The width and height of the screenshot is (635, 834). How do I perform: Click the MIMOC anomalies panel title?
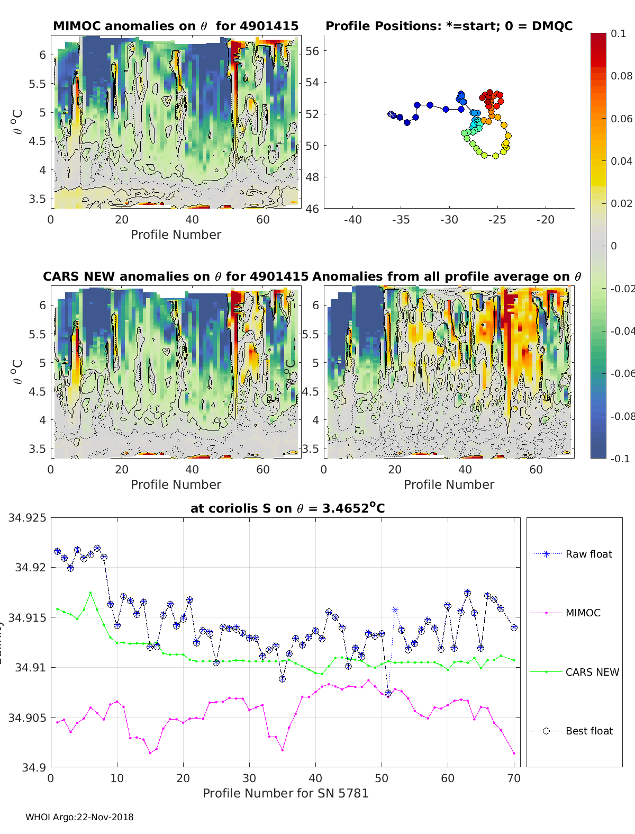click(176, 26)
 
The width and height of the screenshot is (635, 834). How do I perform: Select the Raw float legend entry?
click(588, 554)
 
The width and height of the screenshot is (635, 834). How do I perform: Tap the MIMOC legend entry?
click(583, 613)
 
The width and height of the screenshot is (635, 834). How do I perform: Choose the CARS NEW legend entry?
click(592, 672)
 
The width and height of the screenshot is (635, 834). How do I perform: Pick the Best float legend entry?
click(588, 731)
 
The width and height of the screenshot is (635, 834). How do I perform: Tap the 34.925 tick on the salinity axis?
click(27, 517)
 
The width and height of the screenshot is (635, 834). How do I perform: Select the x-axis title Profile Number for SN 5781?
click(285, 793)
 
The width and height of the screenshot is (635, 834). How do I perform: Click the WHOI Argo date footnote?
click(79, 817)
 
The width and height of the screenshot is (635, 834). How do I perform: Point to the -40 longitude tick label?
click(352, 220)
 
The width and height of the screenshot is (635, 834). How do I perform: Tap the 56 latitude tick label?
click(312, 51)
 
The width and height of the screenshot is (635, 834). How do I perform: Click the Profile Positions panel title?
click(449, 26)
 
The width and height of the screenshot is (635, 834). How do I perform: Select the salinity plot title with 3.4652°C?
click(287, 508)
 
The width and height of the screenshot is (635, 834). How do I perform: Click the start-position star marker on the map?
click(391, 114)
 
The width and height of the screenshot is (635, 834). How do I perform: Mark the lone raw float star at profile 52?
click(395, 610)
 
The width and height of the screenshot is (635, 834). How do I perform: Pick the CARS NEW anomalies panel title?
click(176, 276)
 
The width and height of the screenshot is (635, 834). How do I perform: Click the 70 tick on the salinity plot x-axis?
click(514, 778)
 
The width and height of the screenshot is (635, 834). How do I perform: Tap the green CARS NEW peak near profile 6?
click(90, 593)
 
